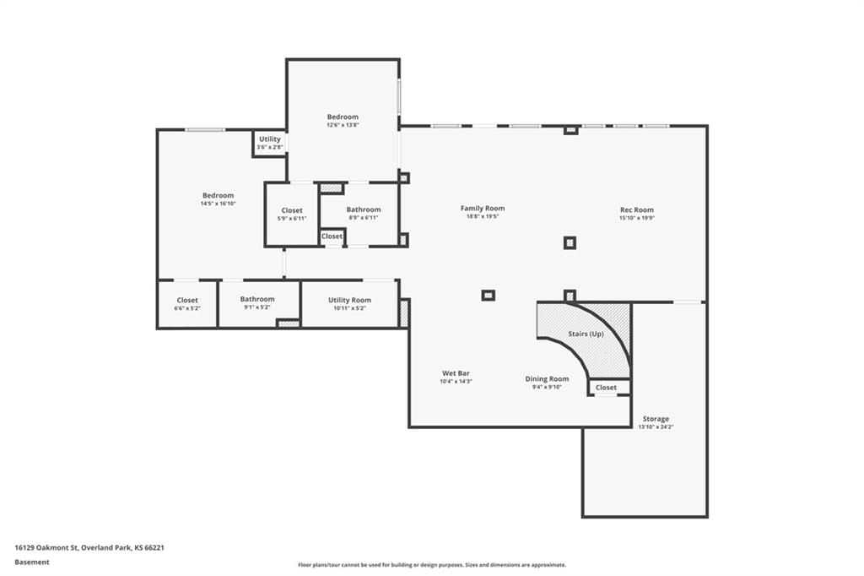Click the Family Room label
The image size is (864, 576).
[483, 208]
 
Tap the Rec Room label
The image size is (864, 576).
[637, 209]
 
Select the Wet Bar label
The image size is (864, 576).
[456, 373]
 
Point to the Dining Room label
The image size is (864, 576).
[547, 379]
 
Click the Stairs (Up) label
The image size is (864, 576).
[586, 334]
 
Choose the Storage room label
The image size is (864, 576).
[656, 419]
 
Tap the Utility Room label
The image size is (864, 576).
[349, 300]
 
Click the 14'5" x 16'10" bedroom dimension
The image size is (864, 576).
[219, 204]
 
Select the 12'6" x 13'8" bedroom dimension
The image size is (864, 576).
[343, 125]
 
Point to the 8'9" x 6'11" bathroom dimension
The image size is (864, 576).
[364, 218]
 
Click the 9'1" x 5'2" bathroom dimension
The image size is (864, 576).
[257, 307]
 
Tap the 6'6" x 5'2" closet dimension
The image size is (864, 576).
[187, 308]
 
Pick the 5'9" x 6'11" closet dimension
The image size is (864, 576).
[292, 219]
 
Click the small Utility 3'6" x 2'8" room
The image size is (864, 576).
[269, 144]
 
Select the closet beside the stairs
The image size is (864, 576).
[609, 388]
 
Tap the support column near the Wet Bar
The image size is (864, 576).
[489, 295]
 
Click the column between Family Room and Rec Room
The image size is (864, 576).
[570, 242]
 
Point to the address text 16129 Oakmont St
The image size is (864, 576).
[46, 548]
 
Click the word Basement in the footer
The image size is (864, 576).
[32, 562]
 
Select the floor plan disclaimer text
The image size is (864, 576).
[432, 565]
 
